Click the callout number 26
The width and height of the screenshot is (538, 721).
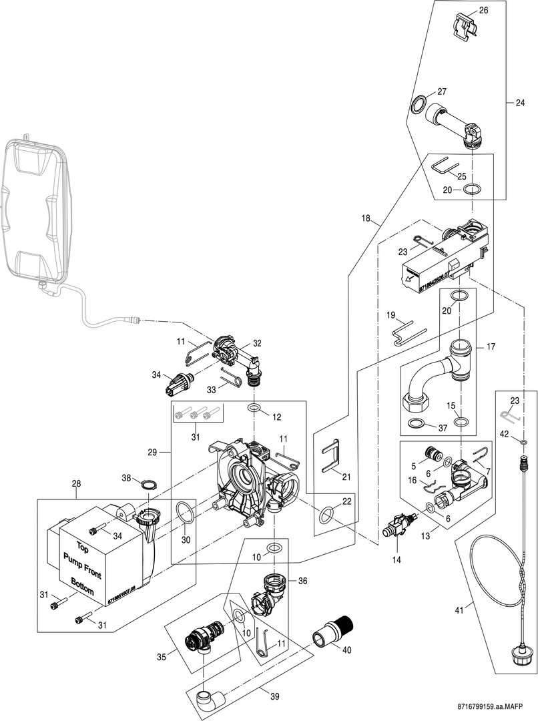(484, 10)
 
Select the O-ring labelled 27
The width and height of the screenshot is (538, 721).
(419, 103)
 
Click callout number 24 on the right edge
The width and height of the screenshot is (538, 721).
(520, 103)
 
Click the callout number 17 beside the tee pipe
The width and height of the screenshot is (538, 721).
(490, 346)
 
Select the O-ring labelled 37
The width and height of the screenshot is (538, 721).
(416, 424)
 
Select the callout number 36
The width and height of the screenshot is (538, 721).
(303, 581)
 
